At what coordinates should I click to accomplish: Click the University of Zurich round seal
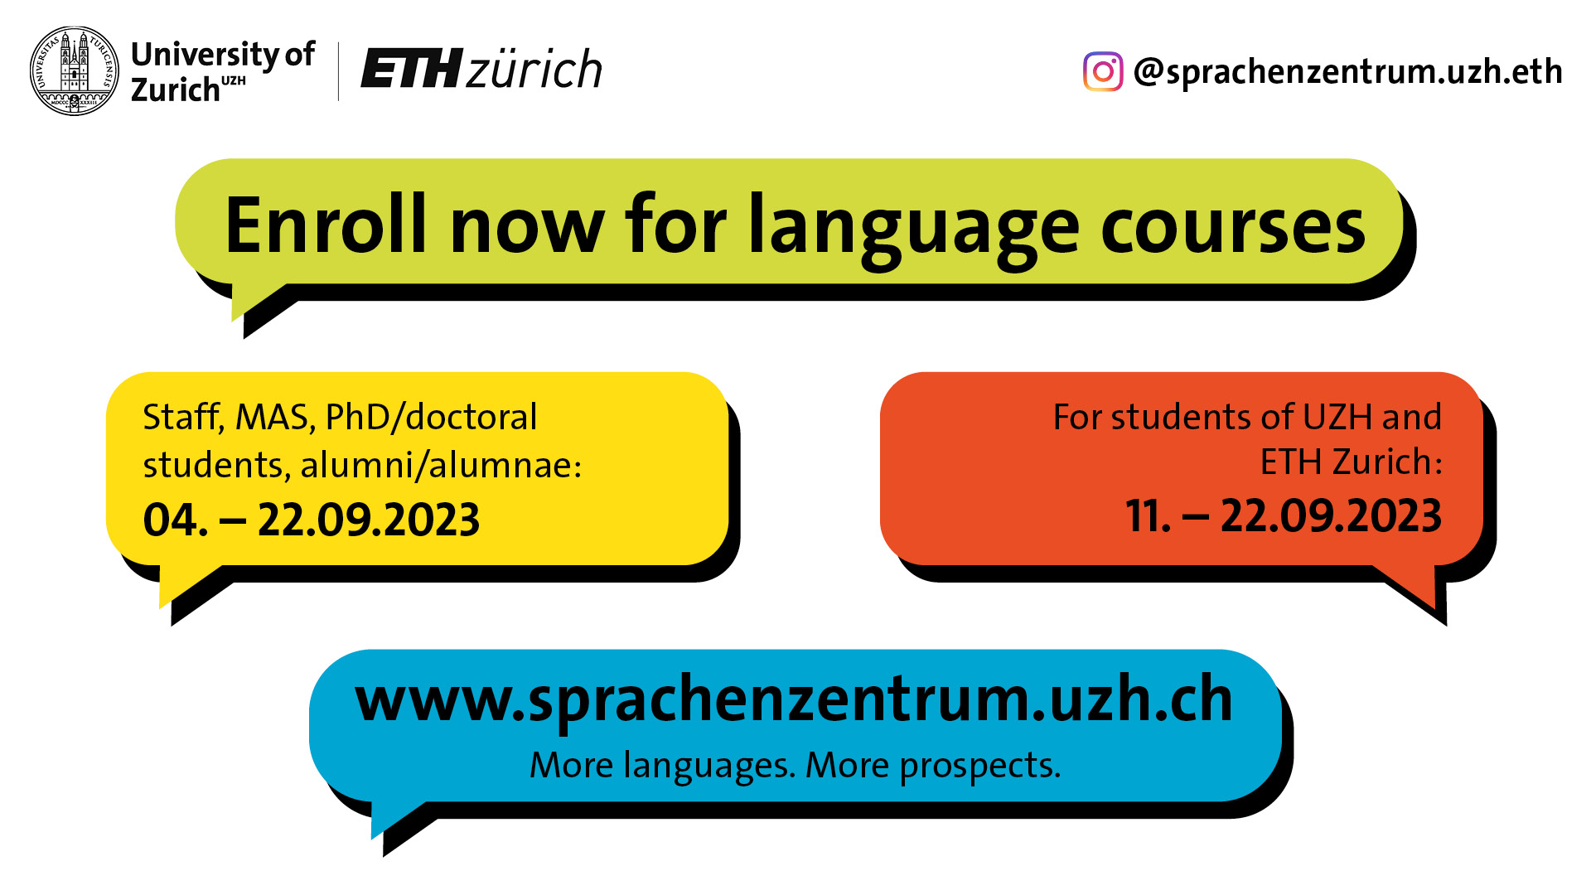[x=75, y=70]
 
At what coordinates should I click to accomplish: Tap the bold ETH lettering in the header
[x=411, y=69]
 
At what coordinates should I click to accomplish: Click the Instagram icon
[x=1103, y=72]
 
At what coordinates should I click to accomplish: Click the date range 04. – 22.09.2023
[x=312, y=520]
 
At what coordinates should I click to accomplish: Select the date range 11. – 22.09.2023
[x=1284, y=516]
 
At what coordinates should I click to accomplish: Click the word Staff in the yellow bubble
[x=182, y=417]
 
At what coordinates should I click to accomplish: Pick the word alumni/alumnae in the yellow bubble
[x=441, y=465]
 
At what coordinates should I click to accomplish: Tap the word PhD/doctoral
[x=432, y=417]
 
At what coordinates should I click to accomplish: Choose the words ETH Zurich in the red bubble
[x=1352, y=462]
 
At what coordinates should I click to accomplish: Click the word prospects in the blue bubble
[x=980, y=766]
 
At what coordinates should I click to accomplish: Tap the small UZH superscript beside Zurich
[x=234, y=80]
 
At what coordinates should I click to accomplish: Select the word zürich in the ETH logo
[x=534, y=69]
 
